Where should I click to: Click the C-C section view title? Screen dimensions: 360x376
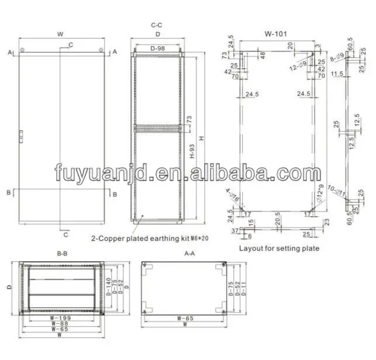(x=156, y=25)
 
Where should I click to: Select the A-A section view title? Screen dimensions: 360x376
(x=189, y=254)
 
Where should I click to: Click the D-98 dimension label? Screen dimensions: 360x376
(x=156, y=48)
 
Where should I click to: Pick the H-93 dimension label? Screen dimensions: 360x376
(x=193, y=153)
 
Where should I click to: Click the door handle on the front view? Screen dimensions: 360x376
(x=21, y=136)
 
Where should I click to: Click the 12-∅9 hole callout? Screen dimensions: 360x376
(x=299, y=66)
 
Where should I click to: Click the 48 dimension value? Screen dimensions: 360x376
(x=262, y=55)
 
